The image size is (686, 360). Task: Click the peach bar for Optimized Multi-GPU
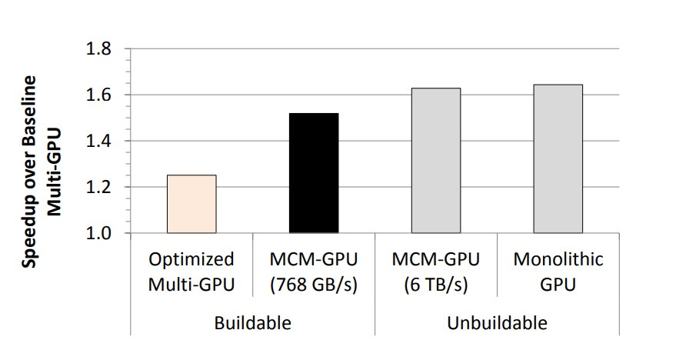coord(191,204)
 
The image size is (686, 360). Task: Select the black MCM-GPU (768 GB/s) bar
coord(314,173)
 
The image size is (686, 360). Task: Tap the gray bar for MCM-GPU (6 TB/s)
coord(436,160)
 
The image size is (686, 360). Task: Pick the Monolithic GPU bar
coord(558,158)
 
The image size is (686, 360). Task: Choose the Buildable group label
coord(252,322)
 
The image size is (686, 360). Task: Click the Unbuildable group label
coord(497,322)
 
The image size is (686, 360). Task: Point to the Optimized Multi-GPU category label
coord(191,272)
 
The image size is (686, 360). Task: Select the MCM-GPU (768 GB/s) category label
coord(314,272)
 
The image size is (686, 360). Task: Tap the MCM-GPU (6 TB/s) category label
coord(436,272)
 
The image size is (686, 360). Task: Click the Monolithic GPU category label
coord(558,272)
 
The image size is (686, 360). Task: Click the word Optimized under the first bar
coord(191,260)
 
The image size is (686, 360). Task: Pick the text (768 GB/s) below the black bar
coord(314,284)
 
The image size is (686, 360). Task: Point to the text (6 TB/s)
coord(436,284)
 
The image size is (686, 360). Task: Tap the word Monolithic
coord(558,260)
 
